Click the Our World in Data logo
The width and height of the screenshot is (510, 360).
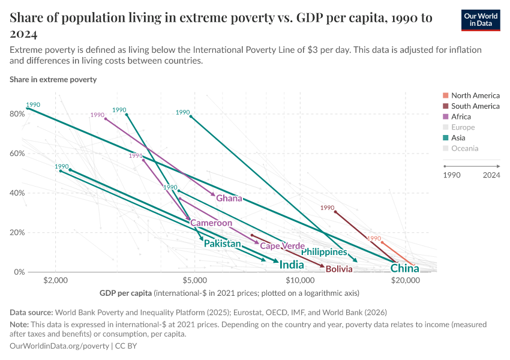click(481, 20)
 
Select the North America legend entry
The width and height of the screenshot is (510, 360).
click(475, 95)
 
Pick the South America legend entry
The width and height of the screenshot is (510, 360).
click(475, 106)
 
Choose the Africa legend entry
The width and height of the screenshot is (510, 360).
click(461, 117)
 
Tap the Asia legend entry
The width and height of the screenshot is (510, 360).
click(458, 138)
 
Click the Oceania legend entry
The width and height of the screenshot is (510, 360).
click(464, 148)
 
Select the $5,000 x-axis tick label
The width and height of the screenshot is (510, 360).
click(194, 280)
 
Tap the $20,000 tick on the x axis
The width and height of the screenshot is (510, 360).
click(405, 280)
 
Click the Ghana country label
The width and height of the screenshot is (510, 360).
click(229, 199)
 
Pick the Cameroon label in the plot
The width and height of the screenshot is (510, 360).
click(211, 223)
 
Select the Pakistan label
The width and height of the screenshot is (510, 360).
click(222, 244)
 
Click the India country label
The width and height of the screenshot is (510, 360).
click(292, 265)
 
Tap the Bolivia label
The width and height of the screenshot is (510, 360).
click(339, 269)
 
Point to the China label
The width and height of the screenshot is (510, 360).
click(404, 268)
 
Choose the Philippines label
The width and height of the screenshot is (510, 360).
click(324, 252)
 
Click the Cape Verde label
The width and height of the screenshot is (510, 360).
click(282, 246)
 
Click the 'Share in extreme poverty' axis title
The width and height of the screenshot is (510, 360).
click(53, 79)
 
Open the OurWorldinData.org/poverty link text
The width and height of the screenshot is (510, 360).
click(59, 346)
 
